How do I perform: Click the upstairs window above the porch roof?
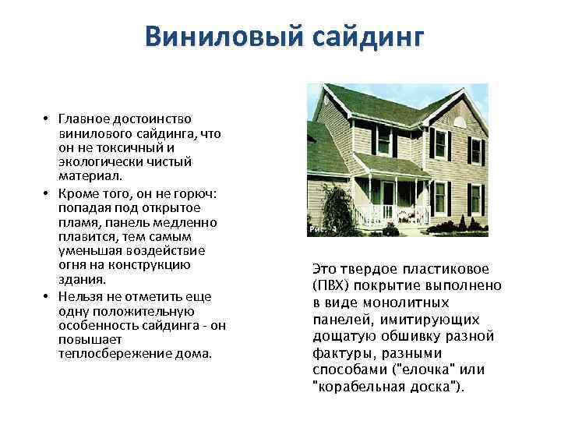[x=383, y=142]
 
